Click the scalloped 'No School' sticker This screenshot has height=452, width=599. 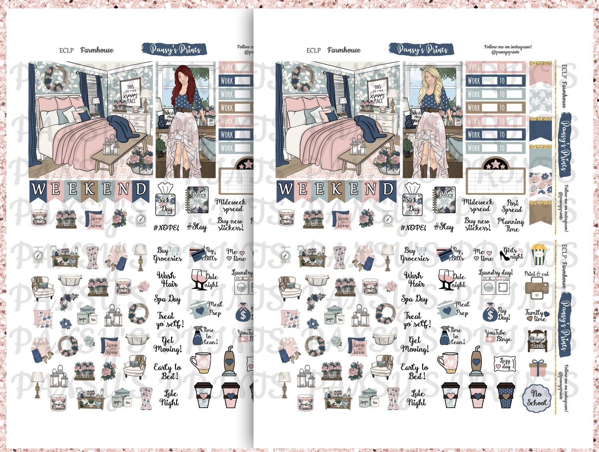pos(536,397)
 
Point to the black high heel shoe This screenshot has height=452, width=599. pos(504,254)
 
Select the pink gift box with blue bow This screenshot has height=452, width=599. pos(537,368)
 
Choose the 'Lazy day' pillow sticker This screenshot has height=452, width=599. pos(505,364)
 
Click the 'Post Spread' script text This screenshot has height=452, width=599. pos(512,206)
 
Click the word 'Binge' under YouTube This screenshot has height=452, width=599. pos(504,339)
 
